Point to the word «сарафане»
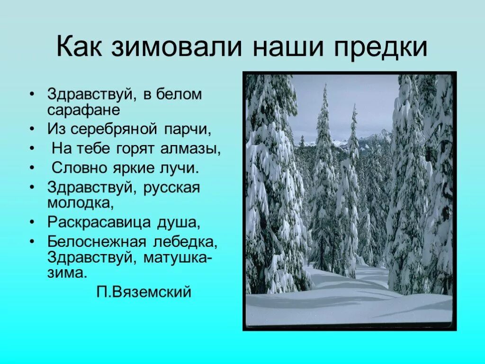[83, 110]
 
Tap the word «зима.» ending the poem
[67, 273]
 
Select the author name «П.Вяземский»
[144, 292]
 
